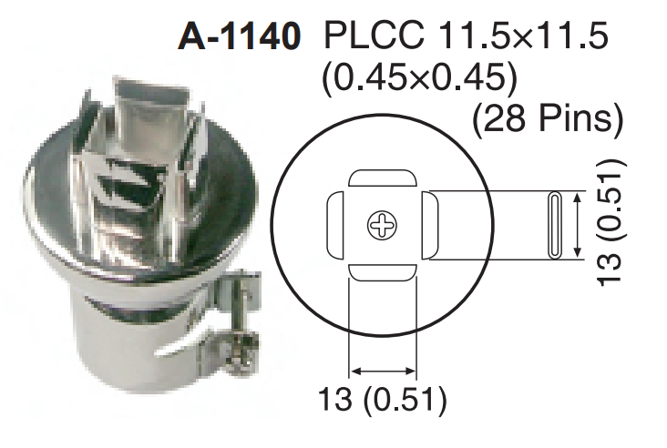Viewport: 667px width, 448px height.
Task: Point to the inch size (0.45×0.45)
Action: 420,78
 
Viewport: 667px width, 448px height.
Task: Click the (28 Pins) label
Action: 547,118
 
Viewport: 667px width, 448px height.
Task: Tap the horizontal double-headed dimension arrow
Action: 383,371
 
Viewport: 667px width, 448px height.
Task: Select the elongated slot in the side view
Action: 552,225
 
